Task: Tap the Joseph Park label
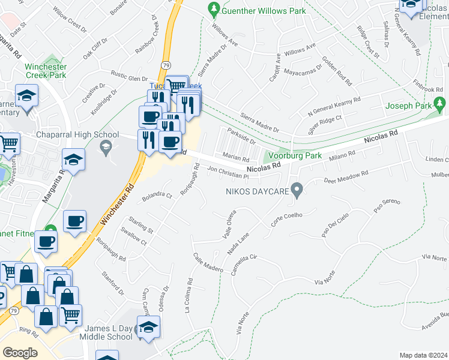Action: pos(408,106)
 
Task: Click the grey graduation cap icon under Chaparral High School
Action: pos(106,147)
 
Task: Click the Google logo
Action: pos(20,353)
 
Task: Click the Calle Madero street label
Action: pos(208,262)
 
